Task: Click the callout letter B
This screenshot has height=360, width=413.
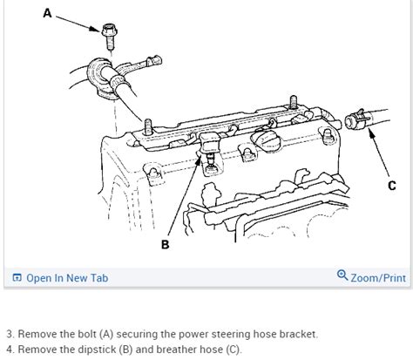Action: [x=166, y=245]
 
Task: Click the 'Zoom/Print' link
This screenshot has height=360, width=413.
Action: [x=377, y=278]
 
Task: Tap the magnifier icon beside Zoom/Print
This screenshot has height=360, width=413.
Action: [x=342, y=277]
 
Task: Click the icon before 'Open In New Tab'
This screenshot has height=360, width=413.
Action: [x=16, y=278]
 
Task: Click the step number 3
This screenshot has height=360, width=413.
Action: [x=9, y=334]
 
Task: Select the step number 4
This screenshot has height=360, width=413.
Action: [x=9, y=350]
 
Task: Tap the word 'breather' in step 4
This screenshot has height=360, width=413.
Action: [x=197, y=350]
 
